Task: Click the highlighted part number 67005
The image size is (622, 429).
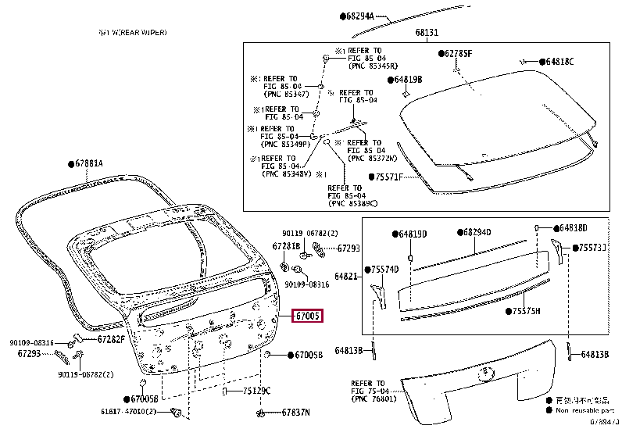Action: click(307, 316)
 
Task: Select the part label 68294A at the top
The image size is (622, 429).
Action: click(359, 16)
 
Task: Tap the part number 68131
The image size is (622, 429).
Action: click(427, 33)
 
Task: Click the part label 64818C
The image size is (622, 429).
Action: click(559, 62)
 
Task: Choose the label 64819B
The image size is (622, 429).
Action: click(407, 80)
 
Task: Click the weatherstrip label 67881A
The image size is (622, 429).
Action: click(88, 163)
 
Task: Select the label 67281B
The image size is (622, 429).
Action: click(286, 247)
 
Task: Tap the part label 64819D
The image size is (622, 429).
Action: click(413, 234)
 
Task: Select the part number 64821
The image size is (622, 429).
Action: click(346, 276)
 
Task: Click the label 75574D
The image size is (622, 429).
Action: click(384, 270)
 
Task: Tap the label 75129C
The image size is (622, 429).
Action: click(256, 391)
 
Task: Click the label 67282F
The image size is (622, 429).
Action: click(111, 339)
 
